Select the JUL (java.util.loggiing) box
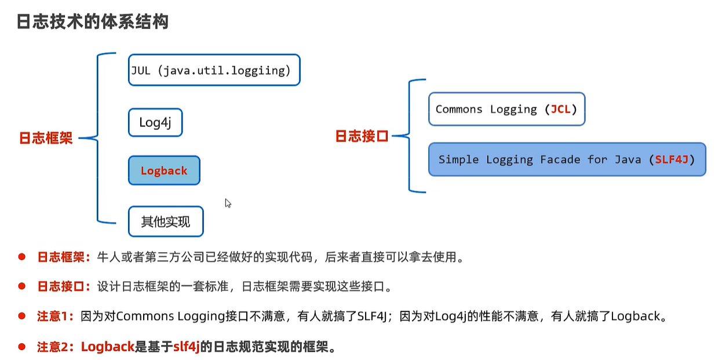(x=214, y=70)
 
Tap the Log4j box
(x=155, y=123)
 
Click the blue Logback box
(x=164, y=170)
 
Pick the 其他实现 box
(x=166, y=221)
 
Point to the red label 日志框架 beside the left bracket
(x=46, y=139)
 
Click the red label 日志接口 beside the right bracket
(x=362, y=137)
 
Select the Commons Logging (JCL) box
(x=506, y=109)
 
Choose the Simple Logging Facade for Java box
(x=567, y=159)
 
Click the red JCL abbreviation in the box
(x=560, y=109)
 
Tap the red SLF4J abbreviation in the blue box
(x=672, y=159)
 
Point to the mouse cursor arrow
(x=228, y=203)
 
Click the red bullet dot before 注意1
(x=21, y=316)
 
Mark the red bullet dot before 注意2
(x=21, y=347)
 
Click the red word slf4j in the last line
(x=187, y=347)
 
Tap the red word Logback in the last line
(x=108, y=347)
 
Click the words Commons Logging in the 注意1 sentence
(x=170, y=317)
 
